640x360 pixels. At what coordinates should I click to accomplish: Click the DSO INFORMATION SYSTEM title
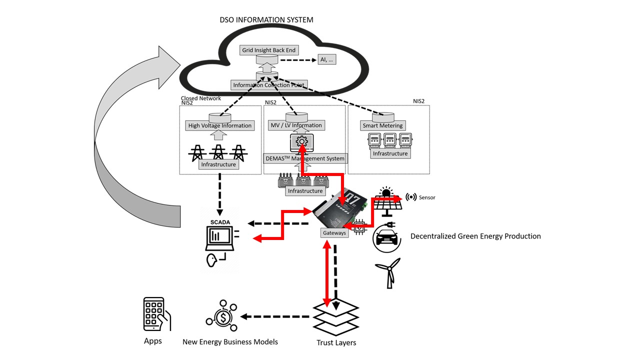(x=266, y=19)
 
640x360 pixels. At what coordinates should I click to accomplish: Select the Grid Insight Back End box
(x=269, y=50)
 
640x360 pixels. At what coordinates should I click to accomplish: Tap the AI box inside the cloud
(x=327, y=59)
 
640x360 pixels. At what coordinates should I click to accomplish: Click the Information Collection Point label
(x=269, y=85)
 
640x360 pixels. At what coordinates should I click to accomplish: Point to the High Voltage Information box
(x=219, y=125)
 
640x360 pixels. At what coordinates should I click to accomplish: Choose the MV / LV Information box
(x=296, y=125)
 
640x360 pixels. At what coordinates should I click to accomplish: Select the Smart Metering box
(x=382, y=125)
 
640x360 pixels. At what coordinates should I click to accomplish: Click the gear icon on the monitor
(x=301, y=141)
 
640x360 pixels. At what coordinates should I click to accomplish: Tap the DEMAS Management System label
(x=305, y=158)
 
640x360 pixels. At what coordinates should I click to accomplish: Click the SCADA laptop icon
(x=219, y=238)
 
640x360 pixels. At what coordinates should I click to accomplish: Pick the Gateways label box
(x=334, y=233)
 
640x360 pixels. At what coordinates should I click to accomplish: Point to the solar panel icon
(x=387, y=201)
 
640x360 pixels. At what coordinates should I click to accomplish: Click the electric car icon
(x=387, y=237)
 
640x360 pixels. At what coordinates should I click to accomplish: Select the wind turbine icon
(x=388, y=273)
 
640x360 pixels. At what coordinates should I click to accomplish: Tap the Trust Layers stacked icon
(x=336, y=317)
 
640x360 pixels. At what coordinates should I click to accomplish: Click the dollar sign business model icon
(x=221, y=316)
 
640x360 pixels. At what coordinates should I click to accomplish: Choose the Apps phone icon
(x=157, y=314)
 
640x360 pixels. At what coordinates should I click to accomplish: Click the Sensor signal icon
(x=411, y=197)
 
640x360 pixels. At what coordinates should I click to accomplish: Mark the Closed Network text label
(x=201, y=98)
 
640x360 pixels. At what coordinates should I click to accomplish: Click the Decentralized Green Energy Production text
(x=475, y=236)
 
